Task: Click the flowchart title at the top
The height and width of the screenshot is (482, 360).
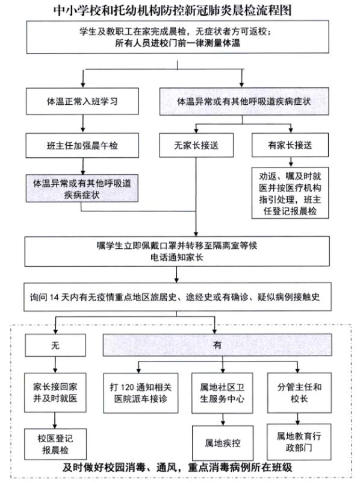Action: tap(179, 9)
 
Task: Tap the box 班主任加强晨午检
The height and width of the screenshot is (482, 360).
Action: tap(82, 144)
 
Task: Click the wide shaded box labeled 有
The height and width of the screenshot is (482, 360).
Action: tap(217, 345)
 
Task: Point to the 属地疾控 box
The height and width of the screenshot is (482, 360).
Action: tap(219, 443)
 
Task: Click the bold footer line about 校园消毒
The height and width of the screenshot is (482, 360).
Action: tap(179, 468)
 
